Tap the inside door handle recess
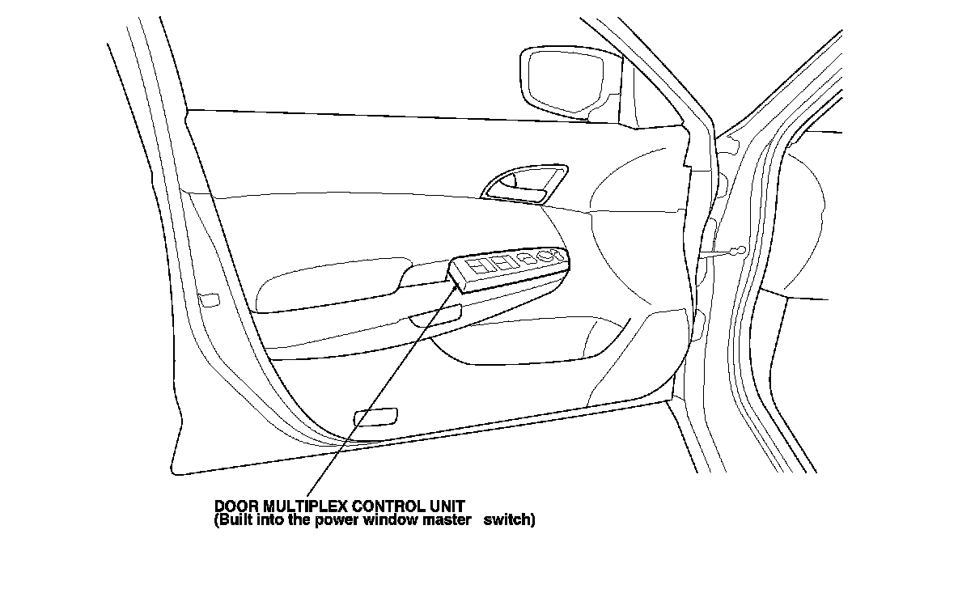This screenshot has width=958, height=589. click(x=524, y=185)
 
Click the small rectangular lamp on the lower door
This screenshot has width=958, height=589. click(x=376, y=417)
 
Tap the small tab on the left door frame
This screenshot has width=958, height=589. click(x=209, y=299)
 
